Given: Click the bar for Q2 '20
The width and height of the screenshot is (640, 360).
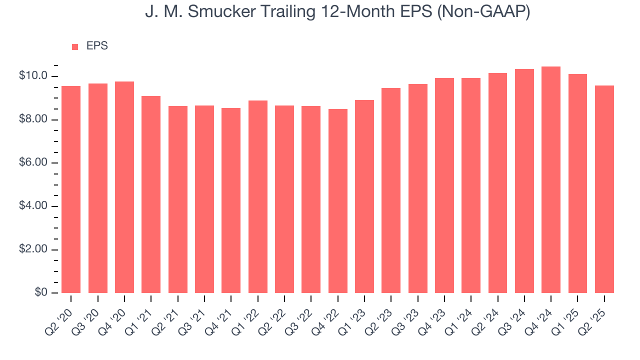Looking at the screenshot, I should point(71,189).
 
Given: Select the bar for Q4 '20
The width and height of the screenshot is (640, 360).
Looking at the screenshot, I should point(124,187).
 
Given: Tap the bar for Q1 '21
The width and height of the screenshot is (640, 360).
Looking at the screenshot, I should point(151,194).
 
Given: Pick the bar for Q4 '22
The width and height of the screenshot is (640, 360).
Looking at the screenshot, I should point(338,201).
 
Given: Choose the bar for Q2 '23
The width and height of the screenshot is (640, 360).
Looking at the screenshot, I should point(391,190).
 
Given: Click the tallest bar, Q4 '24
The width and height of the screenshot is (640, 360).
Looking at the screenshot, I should point(551,179).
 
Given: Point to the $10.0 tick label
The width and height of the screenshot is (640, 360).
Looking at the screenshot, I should point(33,76).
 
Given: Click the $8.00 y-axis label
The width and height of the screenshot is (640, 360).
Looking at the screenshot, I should point(33,119).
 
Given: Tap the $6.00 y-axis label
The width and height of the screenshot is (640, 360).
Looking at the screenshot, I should point(33,163).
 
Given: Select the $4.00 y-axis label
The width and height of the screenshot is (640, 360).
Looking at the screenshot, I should point(33,206).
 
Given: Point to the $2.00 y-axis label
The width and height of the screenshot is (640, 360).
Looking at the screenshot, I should point(33,249).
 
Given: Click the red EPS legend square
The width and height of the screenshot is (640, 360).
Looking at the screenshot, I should point(75,46).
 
